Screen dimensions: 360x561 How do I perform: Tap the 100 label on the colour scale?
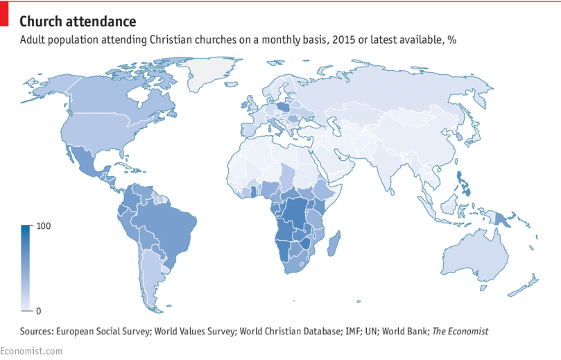click(44, 226)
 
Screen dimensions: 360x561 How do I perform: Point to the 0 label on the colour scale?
click(37, 310)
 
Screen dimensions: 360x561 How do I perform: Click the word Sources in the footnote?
click(38, 332)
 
